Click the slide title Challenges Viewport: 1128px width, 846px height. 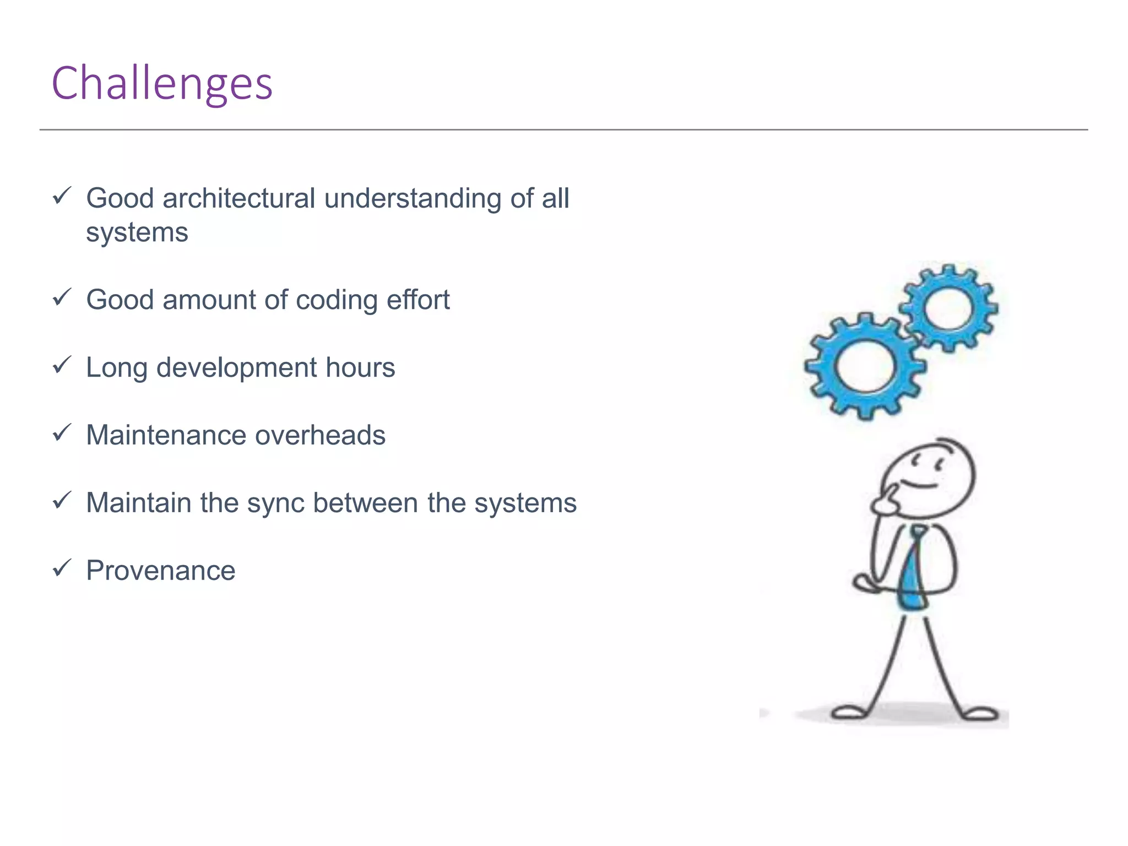162,83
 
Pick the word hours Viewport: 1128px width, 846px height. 360,368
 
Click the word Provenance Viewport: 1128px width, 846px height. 161,571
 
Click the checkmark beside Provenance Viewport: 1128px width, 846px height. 62,567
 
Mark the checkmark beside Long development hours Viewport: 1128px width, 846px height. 62,365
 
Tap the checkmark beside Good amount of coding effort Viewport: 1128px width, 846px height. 62,297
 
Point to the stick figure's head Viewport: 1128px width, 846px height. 928,477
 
